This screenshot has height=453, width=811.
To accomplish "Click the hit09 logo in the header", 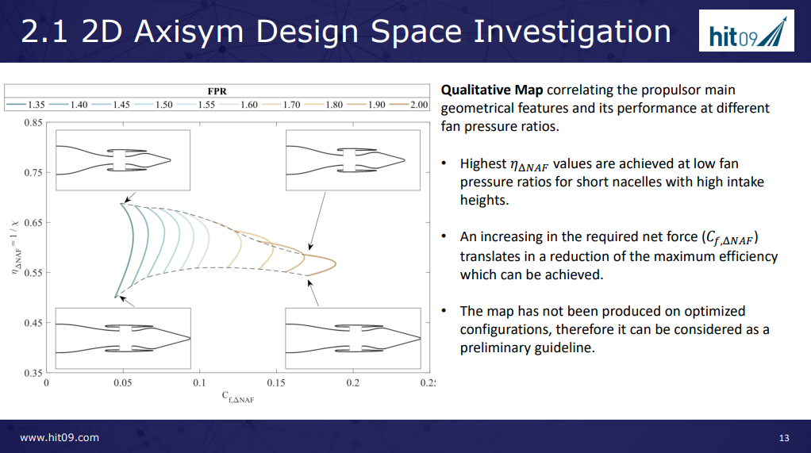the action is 747,30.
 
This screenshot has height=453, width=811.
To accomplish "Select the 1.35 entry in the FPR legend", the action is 26,105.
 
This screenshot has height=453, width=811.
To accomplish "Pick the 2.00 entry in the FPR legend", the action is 409,105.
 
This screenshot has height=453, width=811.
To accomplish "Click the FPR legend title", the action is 217,91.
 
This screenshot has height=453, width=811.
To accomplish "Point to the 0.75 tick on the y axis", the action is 33,173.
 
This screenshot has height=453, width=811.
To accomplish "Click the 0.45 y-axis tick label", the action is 33,323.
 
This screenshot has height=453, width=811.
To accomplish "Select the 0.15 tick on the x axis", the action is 276,383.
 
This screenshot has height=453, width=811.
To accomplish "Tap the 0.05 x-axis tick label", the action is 123,383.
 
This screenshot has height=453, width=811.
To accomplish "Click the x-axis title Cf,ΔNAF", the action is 238,397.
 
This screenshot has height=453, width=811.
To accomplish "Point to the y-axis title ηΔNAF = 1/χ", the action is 16,247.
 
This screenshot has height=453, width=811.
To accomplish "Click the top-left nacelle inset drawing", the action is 123,160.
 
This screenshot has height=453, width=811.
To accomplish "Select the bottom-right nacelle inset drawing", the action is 353,338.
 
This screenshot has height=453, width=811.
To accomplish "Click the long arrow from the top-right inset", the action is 317,221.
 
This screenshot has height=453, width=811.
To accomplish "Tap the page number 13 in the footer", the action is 784,438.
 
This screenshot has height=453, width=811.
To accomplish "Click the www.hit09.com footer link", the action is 60,437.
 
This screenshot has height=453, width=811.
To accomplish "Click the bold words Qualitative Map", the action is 492,90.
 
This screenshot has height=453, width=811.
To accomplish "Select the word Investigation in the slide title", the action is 572,32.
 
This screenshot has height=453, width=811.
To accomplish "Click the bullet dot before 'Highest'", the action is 444,163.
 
